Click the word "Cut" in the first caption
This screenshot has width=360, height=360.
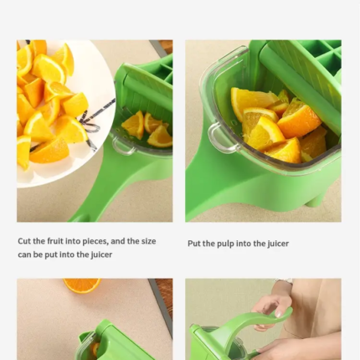(x=24, y=241)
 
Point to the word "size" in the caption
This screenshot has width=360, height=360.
(x=148, y=241)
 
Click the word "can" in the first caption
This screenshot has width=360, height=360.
(x=24, y=255)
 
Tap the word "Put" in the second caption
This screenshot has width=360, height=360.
(x=194, y=244)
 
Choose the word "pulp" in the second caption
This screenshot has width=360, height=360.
(x=225, y=244)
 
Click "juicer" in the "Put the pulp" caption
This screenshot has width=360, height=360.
(x=278, y=244)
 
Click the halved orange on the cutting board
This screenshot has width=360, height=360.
(x=82, y=285)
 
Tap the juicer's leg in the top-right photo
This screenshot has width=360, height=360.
(x=316, y=200)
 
